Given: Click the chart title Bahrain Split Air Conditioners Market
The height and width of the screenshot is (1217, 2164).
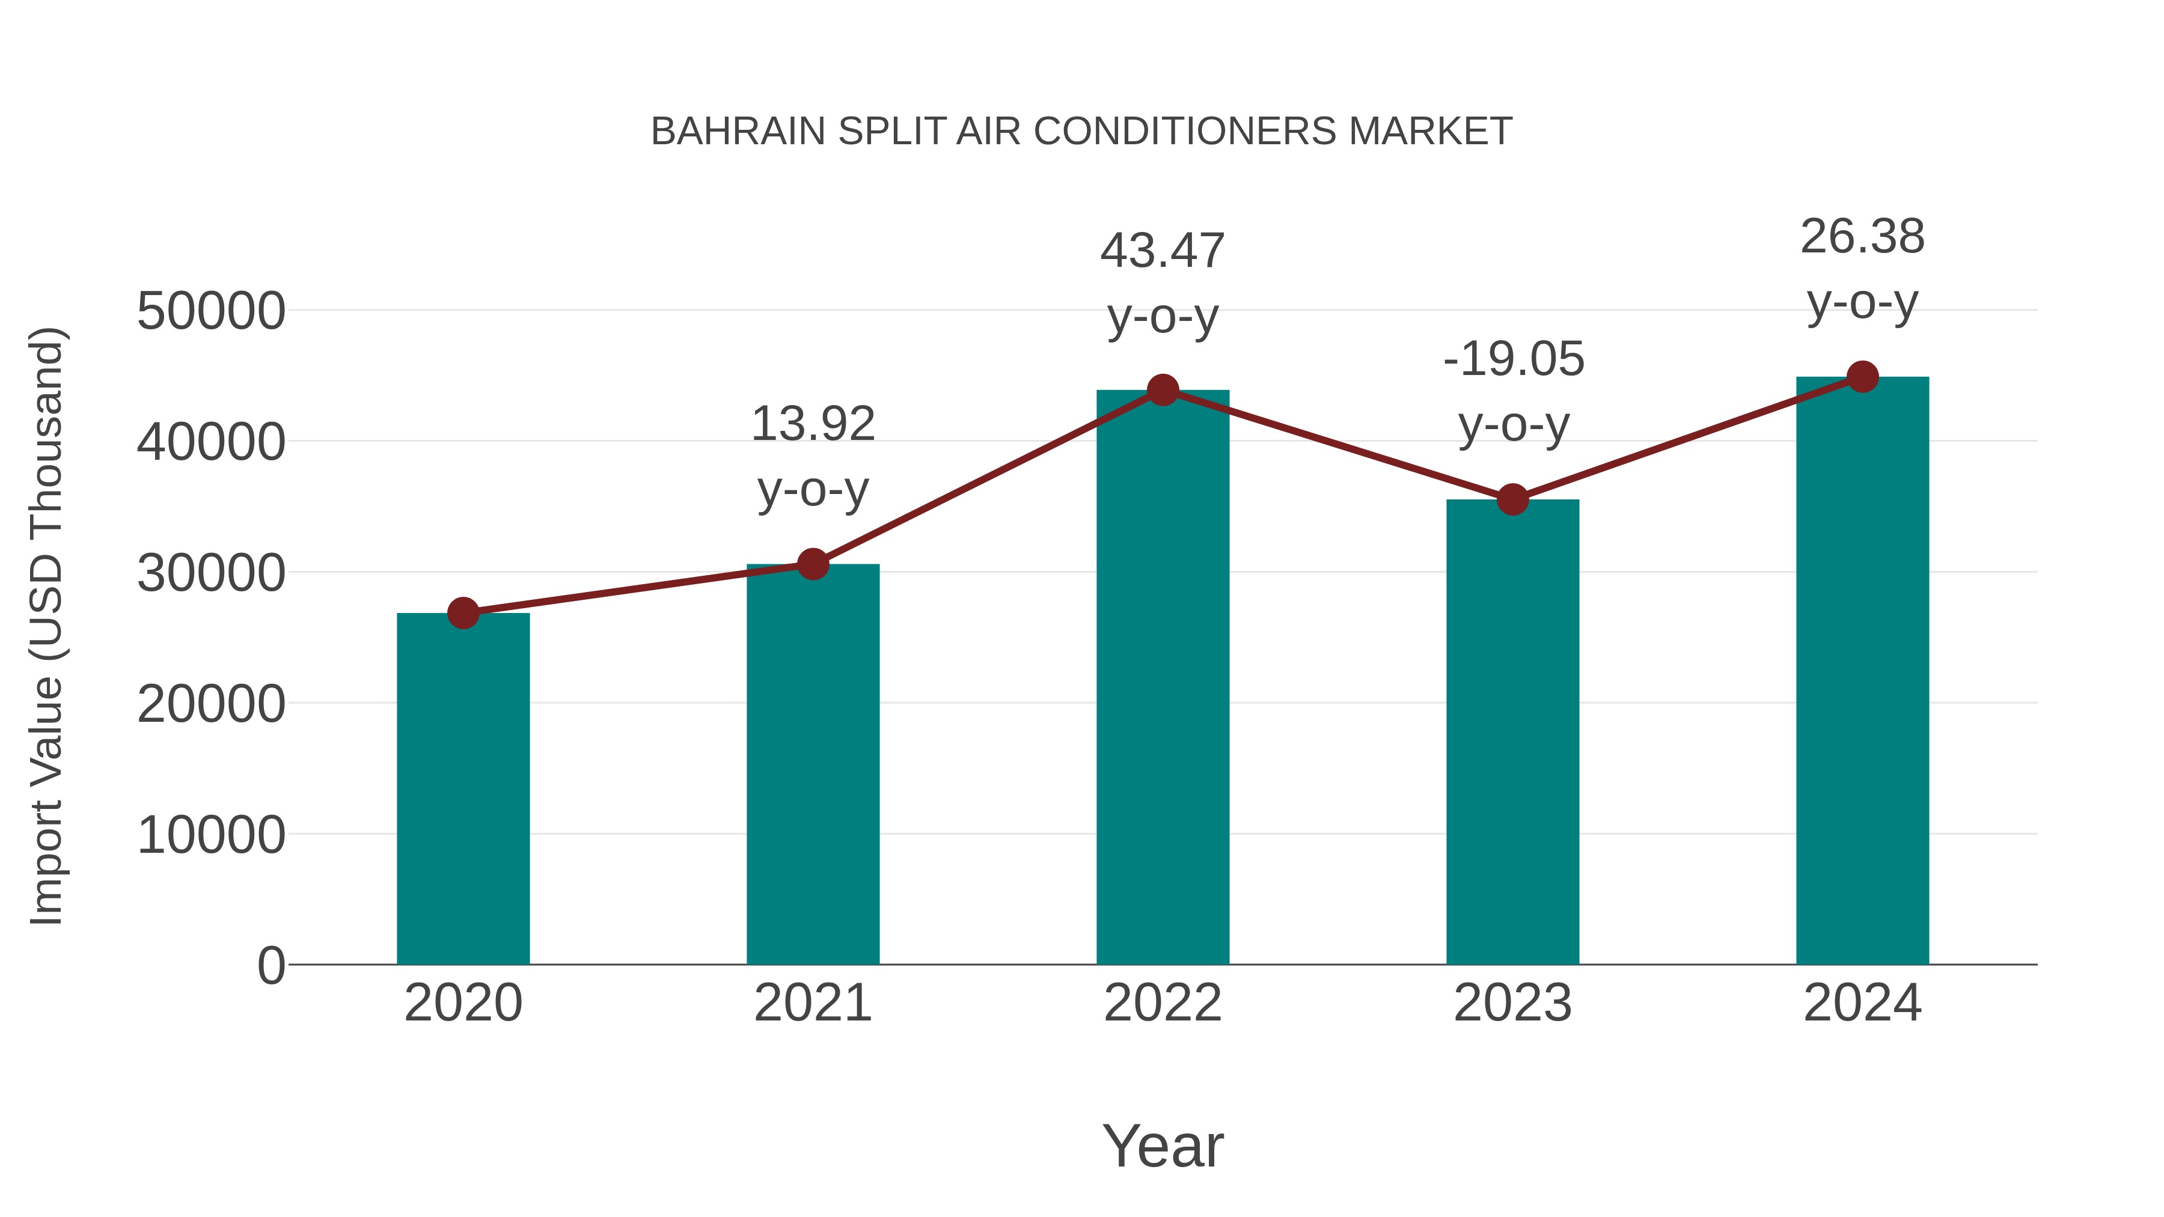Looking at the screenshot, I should tap(1081, 132).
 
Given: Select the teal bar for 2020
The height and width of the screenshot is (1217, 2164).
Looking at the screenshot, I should tap(463, 790).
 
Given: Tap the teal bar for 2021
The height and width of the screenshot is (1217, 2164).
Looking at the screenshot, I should tap(812, 764).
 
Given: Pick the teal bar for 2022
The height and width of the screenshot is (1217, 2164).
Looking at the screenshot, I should tap(1163, 677).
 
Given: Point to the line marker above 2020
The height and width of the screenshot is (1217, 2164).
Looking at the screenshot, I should tap(463, 613).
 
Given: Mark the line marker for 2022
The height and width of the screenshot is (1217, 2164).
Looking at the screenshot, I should tap(1163, 389).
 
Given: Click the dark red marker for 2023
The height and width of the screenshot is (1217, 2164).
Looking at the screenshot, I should tap(1512, 500).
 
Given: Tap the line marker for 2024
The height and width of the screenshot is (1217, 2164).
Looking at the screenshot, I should tap(1862, 377).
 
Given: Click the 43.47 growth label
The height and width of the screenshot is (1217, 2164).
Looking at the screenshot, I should tap(1163, 283).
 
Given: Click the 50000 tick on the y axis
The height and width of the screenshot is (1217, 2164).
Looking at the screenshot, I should tap(211, 311).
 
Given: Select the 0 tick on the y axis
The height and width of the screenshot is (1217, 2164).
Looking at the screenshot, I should tap(270, 966).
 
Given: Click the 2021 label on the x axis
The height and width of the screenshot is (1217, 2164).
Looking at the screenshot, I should tap(812, 1003).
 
